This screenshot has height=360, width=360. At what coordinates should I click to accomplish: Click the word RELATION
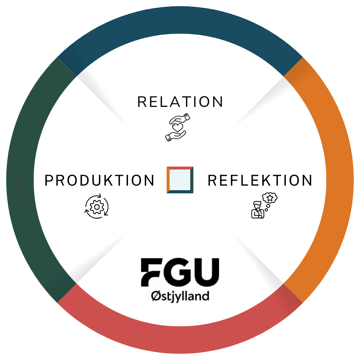180,102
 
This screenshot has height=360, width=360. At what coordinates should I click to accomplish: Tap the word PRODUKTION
99,181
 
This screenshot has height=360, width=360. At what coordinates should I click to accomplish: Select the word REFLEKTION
260,181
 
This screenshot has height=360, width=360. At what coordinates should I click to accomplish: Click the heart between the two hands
178,127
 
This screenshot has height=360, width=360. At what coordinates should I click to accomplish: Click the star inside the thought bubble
271,198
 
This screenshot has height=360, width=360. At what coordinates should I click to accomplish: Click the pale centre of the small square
180,180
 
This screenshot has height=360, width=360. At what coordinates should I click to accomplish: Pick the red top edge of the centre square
180,168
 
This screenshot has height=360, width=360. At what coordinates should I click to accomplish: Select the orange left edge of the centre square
168,180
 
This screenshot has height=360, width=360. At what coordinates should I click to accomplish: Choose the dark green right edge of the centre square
192,180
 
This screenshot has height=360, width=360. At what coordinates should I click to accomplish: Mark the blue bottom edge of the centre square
180,192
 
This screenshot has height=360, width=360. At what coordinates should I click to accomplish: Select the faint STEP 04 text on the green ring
20,180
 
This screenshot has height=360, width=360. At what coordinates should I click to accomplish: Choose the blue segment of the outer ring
180,21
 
